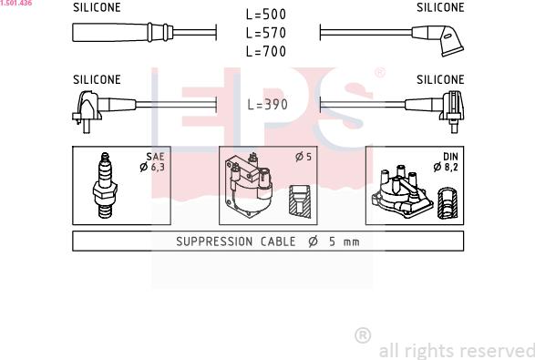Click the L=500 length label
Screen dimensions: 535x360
tap(266, 15)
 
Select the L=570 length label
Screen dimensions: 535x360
tap(266, 33)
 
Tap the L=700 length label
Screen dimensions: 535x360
tap(266, 51)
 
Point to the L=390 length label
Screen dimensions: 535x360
tap(268, 105)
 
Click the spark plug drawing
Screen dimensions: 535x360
tap(105, 185)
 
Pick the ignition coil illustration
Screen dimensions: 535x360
tap(249, 185)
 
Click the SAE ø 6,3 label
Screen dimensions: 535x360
tap(152, 161)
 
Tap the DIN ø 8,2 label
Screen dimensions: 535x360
tap(446, 161)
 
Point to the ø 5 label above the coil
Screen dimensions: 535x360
tap(304, 157)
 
